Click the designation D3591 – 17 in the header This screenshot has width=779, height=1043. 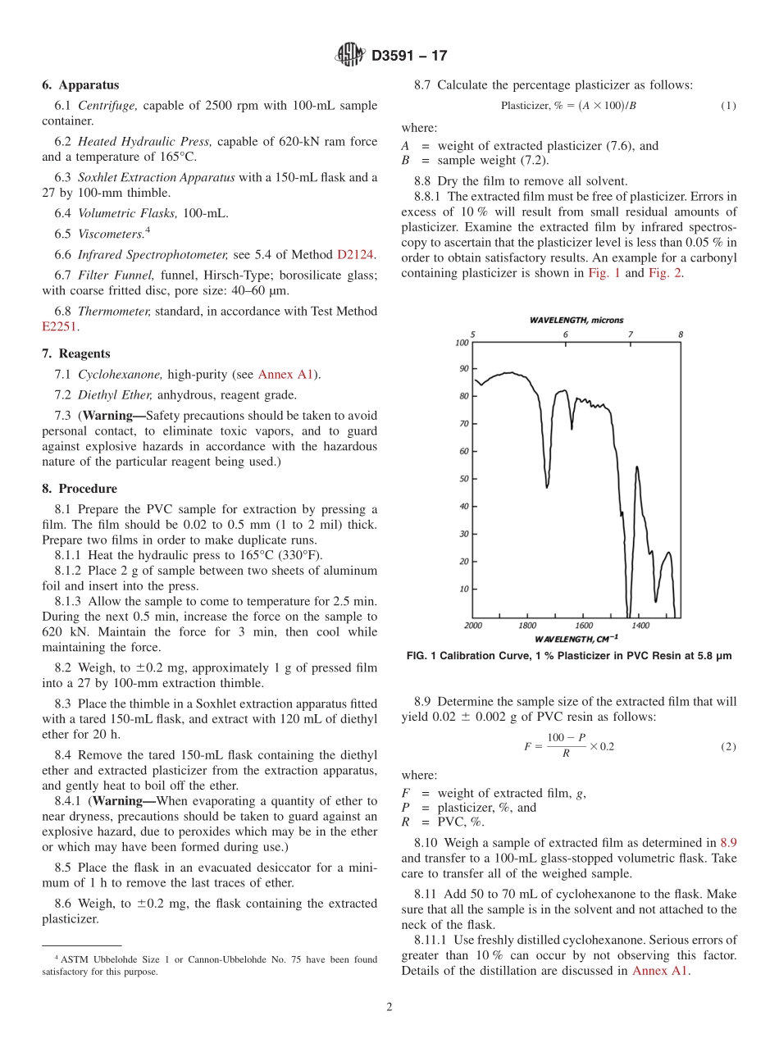pos(409,57)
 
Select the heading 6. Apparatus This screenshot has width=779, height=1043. pos(80,85)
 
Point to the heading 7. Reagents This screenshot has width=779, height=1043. pos(75,354)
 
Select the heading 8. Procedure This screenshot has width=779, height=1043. pos(80,489)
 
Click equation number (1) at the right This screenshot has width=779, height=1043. pos(728,106)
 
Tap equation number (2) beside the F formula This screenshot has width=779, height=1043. pos(728,747)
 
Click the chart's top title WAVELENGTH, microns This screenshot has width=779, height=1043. pos(576,320)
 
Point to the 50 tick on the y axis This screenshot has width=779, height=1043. pos(463,479)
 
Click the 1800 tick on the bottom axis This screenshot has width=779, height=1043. pos(527,626)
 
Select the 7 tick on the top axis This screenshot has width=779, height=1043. pos(630,335)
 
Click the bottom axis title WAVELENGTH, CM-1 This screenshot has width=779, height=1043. pos(576,638)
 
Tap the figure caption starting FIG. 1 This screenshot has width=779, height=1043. pos(569,656)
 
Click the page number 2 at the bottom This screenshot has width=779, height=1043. pos(389,1008)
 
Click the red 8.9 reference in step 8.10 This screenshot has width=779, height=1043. pos(728,842)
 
